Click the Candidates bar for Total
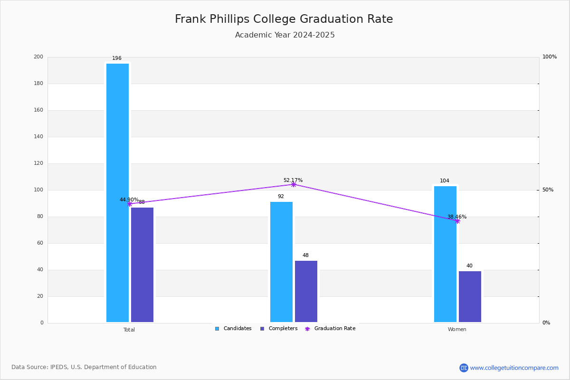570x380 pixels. tap(118, 193)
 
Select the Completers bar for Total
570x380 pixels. tap(142, 265)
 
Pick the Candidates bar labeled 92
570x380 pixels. tap(281, 262)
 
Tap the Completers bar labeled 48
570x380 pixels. tap(306, 292)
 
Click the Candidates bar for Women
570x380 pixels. tap(446, 254)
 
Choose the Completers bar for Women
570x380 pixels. tap(470, 296)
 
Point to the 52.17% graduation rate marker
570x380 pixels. tap(294, 184)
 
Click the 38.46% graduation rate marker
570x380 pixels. tap(457, 221)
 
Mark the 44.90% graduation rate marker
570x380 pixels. tap(130, 204)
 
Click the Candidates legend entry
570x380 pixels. tap(233, 329)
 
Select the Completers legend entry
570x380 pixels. tap(279, 329)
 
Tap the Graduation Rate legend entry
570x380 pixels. tap(330, 329)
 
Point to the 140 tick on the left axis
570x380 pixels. tap(38, 137)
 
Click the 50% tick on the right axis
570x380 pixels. tap(548, 190)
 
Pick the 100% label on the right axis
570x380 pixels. tap(550, 57)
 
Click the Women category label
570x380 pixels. tap(457, 329)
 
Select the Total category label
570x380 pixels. tap(129, 330)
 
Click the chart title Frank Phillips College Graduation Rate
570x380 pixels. tap(284, 19)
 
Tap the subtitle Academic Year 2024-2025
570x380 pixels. tap(285, 35)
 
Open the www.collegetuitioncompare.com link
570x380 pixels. tap(514, 368)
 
